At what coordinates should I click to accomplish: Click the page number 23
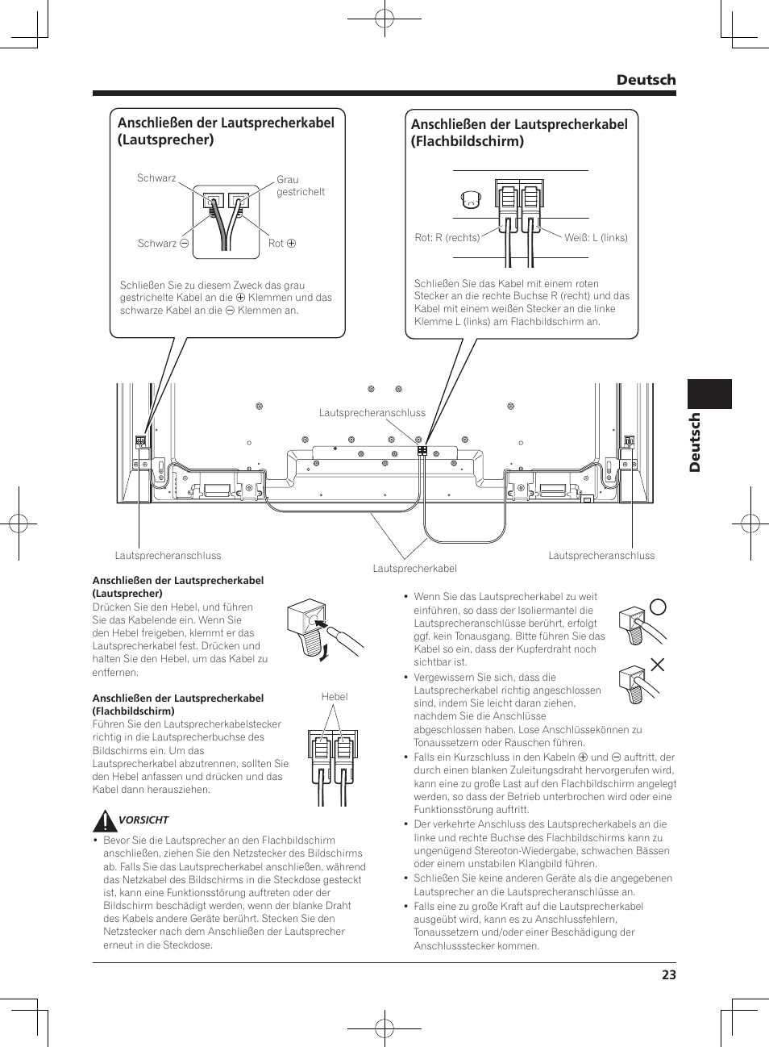(x=668, y=974)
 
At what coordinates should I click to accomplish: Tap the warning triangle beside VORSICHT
(x=104, y=821)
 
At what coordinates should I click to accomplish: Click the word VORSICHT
(x=143, y=820)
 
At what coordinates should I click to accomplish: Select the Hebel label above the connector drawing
(x=335, y=697)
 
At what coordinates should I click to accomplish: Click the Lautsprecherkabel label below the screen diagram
(x=414, y=569)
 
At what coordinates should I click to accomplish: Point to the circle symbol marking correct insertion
(x=658, y=607)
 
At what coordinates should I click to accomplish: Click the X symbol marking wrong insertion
(x=658, y=665)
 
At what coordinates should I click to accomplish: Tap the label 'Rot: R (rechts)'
(x=447, y=238)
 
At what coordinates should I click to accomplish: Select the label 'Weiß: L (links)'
(x=596, y=238)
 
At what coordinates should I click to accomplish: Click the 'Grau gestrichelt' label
(x=300, y=186)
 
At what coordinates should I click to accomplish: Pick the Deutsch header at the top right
(x=646, y=80)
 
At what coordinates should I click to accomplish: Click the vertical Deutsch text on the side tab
(x=694, y=442)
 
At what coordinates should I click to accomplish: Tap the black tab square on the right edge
(x=709, y=394)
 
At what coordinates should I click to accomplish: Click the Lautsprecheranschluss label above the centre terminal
(x=372, y=413)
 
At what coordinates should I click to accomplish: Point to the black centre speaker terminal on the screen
(x=422, y=450)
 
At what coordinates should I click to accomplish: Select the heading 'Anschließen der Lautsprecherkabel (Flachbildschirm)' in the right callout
(x=519, y=132)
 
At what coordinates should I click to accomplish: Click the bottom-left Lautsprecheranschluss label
(x=168, y=556)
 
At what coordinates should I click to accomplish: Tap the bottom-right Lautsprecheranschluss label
(x=601, y=556)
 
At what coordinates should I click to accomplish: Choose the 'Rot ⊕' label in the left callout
(x=282, y=244)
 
